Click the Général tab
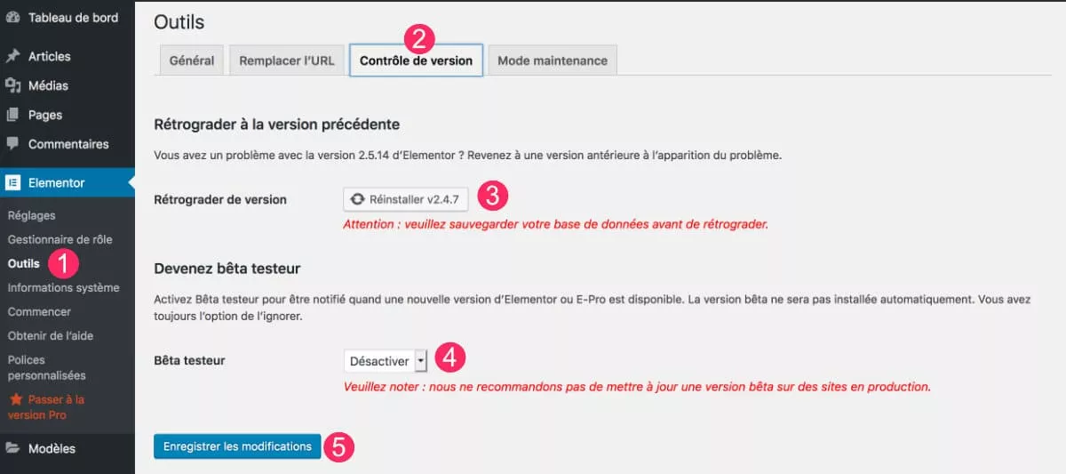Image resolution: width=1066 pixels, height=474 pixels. click(191, 60)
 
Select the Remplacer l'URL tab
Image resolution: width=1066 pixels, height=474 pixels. click(286, 60)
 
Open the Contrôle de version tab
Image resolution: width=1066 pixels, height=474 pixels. click(416, 60)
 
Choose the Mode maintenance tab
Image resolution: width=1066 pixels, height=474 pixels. click(552, 60)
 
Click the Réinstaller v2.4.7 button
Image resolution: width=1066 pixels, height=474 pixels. click(405, 199)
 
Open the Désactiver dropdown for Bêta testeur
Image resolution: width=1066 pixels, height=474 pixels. click(386, 361)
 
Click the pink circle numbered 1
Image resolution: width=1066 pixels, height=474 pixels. click(64, 263)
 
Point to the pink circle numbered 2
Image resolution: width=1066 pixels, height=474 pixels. click(419, 36)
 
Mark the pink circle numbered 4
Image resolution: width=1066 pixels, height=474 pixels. click(449, 358)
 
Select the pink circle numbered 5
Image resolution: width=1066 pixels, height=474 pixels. click(338, 446)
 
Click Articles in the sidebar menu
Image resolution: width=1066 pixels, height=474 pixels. click(49, 56)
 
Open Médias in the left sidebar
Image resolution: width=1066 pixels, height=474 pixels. click(48, 85)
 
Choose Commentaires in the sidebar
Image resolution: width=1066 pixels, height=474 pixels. click(68, 144)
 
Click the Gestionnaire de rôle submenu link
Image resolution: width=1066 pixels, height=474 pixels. click(60, 239)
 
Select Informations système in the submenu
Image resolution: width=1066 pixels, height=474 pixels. click(63, 287)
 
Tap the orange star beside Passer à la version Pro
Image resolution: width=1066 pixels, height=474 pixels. click(15, 400)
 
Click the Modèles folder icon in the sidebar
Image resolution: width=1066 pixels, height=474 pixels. click(13, 448)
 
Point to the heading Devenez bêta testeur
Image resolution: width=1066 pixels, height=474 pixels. click(227, 268)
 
